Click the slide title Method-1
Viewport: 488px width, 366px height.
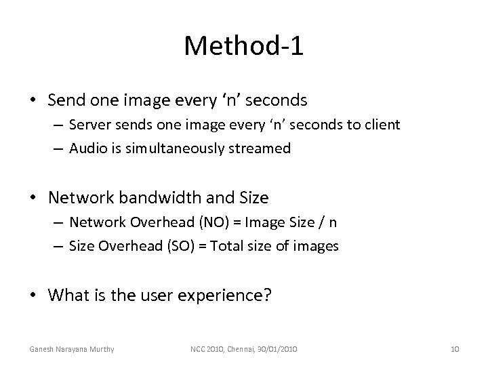point(244,45)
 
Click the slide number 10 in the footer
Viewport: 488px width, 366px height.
point(455,349)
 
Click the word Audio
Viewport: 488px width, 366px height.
point(85,148)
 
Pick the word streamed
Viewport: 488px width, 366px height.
point(263,148)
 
